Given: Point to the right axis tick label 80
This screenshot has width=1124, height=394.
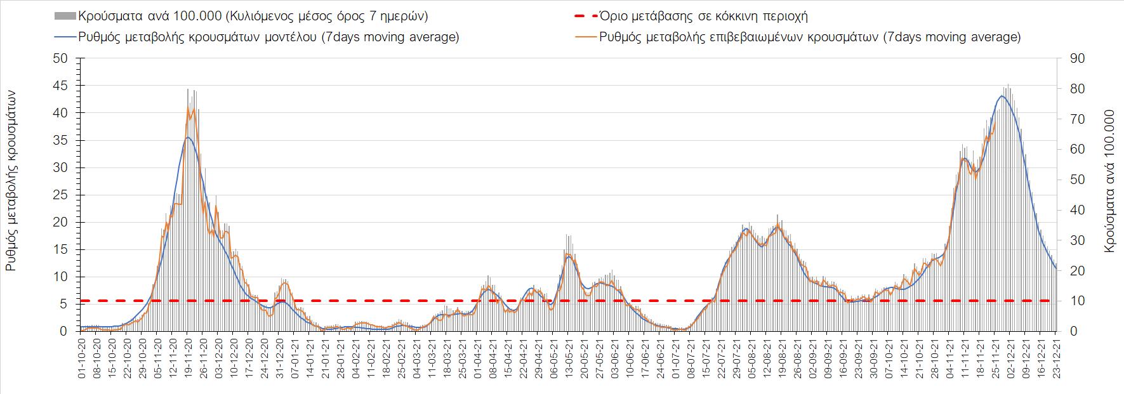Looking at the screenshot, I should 1078,89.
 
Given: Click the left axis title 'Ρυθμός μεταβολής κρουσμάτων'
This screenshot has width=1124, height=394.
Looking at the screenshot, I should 11,180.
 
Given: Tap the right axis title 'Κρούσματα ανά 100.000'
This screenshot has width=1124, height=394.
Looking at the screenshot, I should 1109,182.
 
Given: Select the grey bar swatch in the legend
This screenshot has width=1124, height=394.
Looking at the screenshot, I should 65,16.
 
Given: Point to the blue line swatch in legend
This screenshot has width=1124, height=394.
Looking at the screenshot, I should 65,37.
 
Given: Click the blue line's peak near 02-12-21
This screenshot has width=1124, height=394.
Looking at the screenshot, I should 1001,96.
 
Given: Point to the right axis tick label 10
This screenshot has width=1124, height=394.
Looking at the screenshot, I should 1078,301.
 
